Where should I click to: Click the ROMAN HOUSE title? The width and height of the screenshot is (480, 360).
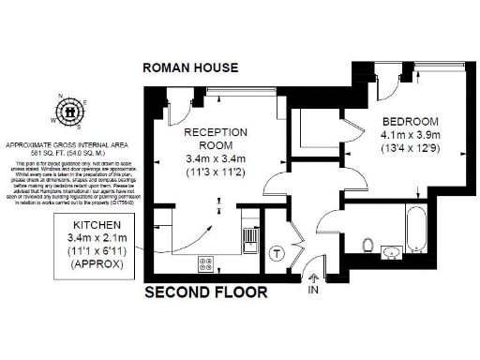click(x=189, y=67)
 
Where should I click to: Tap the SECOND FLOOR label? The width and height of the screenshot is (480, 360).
click(x=205, y=292)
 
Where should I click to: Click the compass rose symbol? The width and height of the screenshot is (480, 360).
click(x=70, y=111)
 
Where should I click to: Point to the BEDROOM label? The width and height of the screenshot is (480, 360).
click(x=410, y=122)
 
